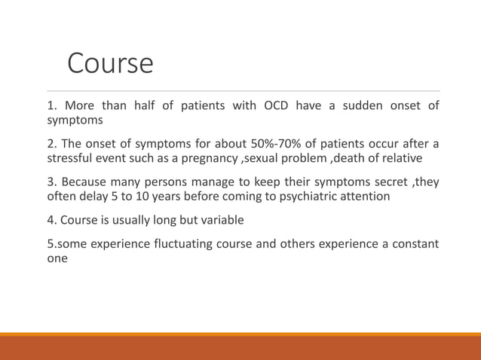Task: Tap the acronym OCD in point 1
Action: [x=276, y=105]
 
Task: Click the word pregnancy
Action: [x=210, y=158]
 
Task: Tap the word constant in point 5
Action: [x=413, y=243]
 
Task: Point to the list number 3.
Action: [x=51, y=182]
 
